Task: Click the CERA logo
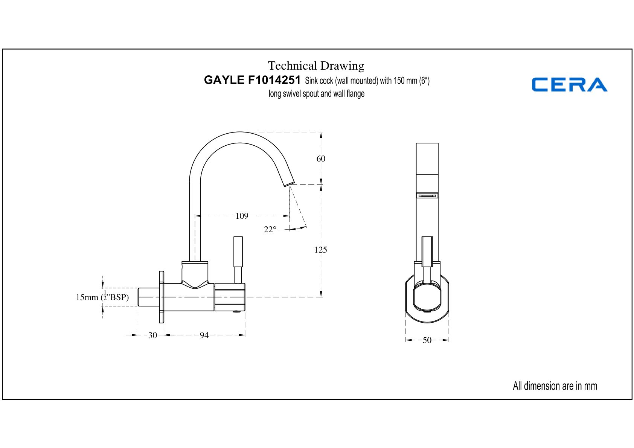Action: coord(569,84)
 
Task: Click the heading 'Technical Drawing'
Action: coord(316,66)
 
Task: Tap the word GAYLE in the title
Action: coord(224,80)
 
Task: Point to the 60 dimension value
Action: coord(321,158)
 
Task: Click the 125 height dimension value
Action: coord(320,250)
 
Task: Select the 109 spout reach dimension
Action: coord(242,216)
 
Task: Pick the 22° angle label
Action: coord(270,229)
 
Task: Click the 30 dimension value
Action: coord(152,335)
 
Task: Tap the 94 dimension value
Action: coord(204,335)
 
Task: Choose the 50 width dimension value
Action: coord(427,340)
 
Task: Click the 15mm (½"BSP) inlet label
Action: coord(102,297)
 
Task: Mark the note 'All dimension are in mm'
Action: coord(555,386)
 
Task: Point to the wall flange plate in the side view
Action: coord(162,297)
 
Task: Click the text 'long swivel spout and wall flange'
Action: coord(316,93)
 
